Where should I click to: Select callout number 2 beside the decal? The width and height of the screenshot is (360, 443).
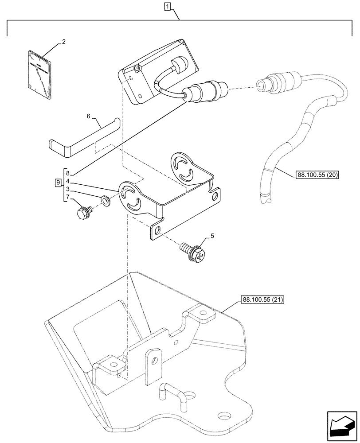point(63,42)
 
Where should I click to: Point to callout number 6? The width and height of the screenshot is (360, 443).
point(88,116)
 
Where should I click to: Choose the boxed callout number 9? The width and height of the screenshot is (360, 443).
point(58,183)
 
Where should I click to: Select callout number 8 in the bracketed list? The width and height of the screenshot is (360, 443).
point(68,173)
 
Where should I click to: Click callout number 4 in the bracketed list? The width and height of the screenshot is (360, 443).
point(68,181)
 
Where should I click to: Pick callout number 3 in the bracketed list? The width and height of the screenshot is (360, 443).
point(68,189)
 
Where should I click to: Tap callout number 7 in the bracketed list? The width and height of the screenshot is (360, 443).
point(68,197)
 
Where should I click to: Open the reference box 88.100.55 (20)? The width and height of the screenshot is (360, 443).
point(316,175)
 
